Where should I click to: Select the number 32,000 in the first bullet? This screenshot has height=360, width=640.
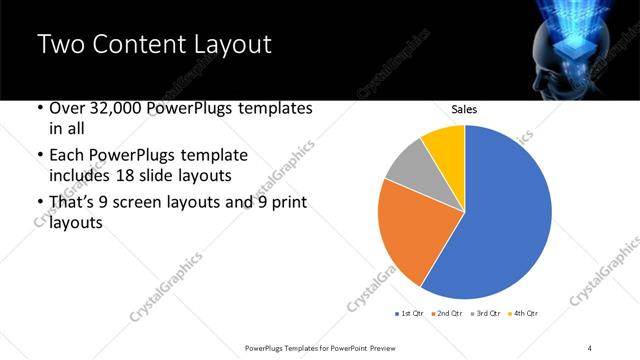click(x=107, y=108)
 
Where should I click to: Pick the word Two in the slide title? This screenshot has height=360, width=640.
click(x=59, y=44)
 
